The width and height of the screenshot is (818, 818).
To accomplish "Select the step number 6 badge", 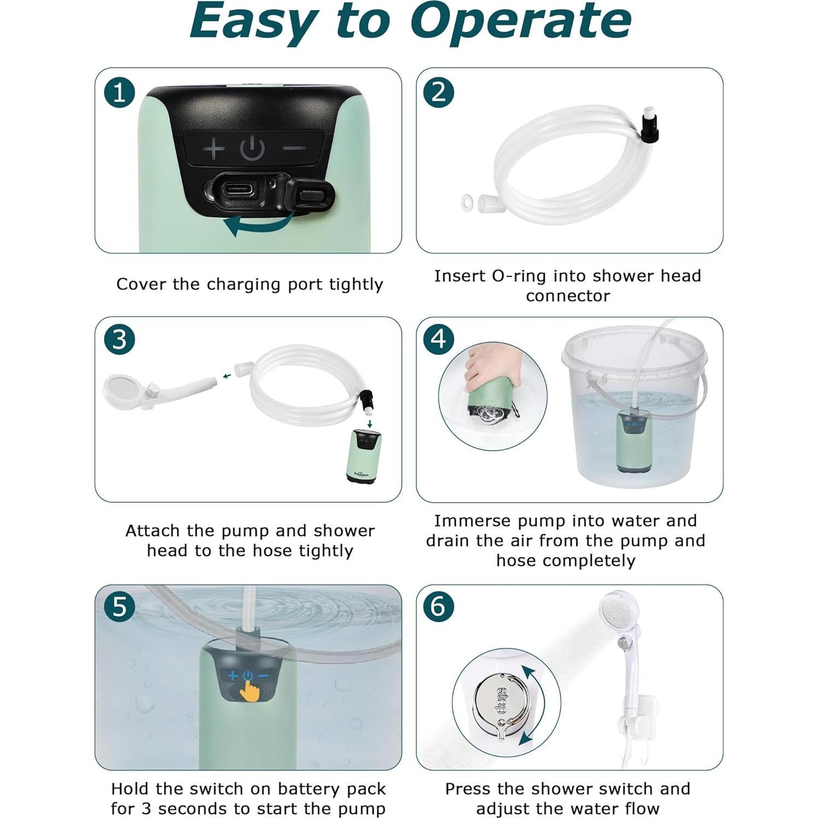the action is click(438, 607).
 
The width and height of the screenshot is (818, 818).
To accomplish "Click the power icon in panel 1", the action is click(252, 148).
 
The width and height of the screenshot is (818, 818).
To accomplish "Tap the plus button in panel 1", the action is click(214, 148).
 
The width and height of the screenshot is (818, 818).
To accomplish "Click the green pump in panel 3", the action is click(364, 456).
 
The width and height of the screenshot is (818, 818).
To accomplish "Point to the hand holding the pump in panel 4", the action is click(489, 367).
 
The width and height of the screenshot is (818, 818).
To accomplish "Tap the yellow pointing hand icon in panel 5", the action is click(250, 690).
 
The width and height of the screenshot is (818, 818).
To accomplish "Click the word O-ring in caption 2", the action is click(520, 276).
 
